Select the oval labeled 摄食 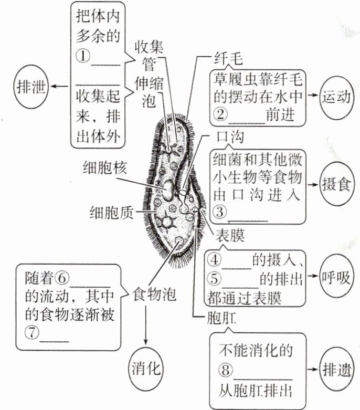click(336, 184)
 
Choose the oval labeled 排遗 click(336, 369)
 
